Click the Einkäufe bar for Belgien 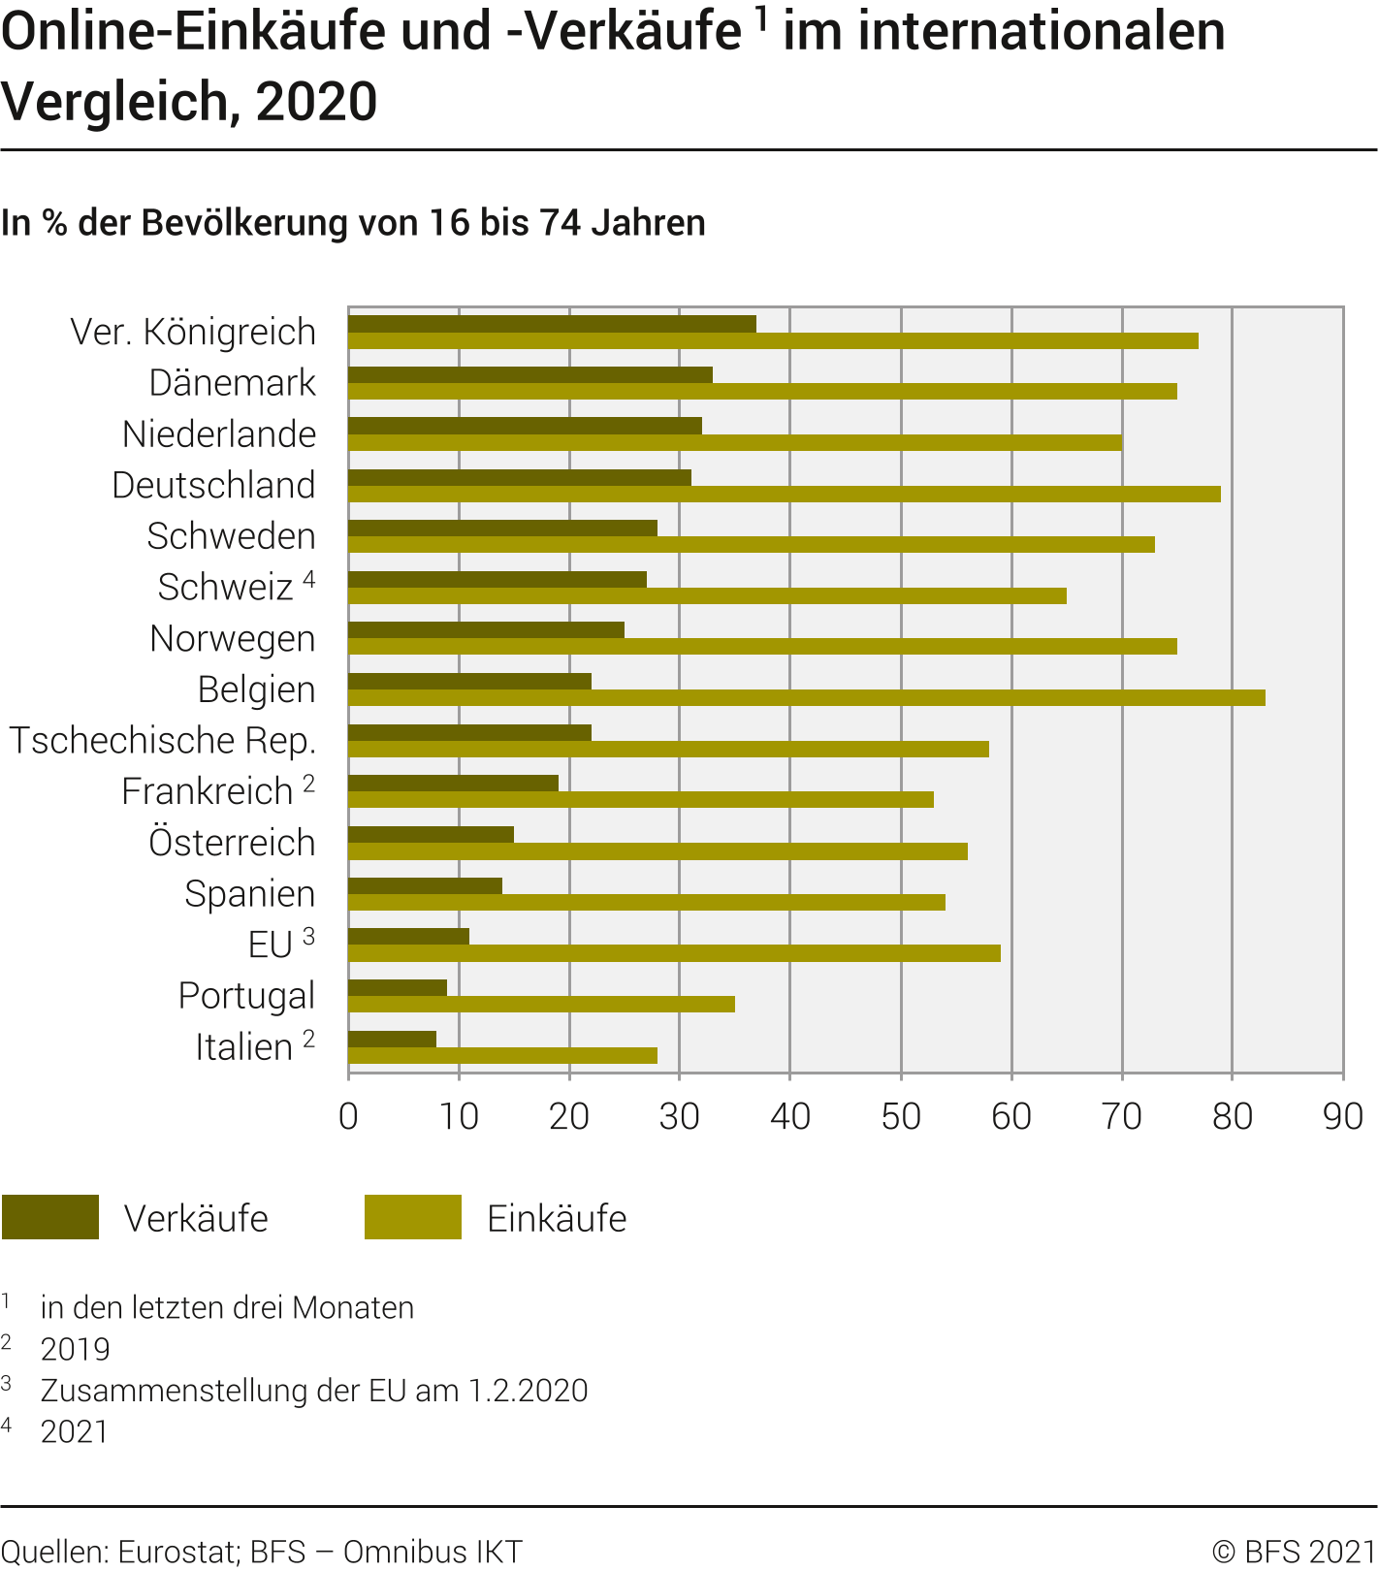[x=805, y=698]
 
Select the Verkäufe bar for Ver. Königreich [x=552, y=324]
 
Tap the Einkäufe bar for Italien [x=502, y=1055]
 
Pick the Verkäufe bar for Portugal [x=398, y=987]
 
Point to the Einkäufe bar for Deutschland [x=784, y=495]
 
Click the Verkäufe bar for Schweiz [x=497, y=579]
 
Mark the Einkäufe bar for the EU [x=674, y=953]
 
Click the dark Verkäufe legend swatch [x=50, y=1217]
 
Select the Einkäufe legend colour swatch [x=413, y=1217]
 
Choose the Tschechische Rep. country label [x=163, y=741]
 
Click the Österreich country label [x=232, y=843]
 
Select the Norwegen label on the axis [x=233, y=639]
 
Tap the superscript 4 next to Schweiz [x=308, y=580]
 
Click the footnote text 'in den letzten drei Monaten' [x=227, y=1308]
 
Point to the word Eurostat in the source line [x=177, y=1552]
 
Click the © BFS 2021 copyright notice [x=1294, y=1552]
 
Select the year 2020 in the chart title [x=316, y=103]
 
